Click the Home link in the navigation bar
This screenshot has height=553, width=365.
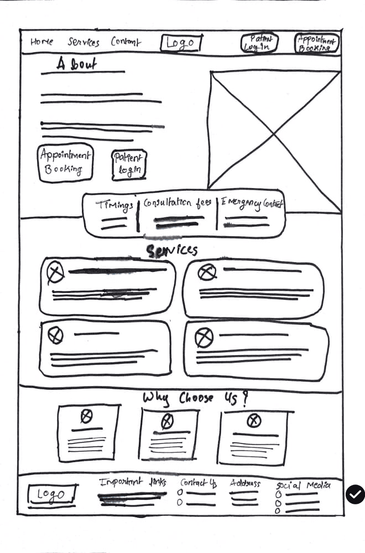coord(42,41)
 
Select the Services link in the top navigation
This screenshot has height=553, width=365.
coord(84,42)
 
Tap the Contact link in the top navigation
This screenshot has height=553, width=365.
coord(126,42)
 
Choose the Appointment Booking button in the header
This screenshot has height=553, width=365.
coord(316,43)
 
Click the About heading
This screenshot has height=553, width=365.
coord(76,64)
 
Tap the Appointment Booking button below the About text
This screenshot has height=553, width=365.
coord(66,163)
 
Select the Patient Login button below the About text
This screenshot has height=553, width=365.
coord(129,165)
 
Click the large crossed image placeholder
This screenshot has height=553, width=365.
coord(274,130)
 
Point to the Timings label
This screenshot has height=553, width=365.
coord(114,205)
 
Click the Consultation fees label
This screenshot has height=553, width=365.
coord(177,203)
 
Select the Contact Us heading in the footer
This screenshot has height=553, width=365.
coord(199,483)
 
